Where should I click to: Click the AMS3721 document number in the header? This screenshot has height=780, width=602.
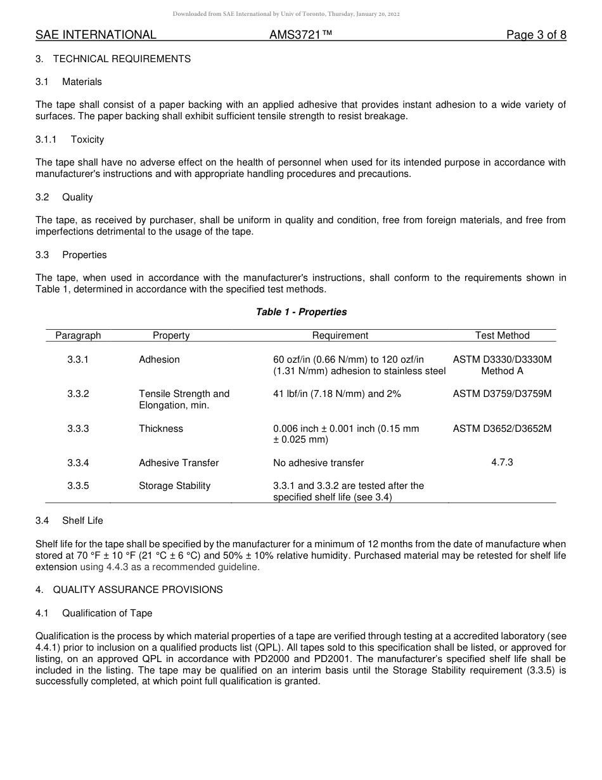300,35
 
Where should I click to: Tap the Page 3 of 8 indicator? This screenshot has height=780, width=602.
536,35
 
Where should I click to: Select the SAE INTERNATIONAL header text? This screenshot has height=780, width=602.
96,35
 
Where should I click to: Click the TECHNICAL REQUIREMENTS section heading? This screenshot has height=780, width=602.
121,59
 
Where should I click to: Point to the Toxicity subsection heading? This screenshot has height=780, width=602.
87,140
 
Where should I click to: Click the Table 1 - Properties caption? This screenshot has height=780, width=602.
301,312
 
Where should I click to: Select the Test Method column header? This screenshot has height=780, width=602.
502,335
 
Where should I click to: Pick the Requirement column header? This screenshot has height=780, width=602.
340,335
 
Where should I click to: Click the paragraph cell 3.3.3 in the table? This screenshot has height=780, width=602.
78,429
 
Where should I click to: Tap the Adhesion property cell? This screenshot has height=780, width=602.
159,360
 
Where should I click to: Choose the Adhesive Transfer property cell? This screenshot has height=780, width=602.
179,463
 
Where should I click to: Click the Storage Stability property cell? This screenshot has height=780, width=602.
174,486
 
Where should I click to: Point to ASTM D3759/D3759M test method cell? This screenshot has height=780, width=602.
502,394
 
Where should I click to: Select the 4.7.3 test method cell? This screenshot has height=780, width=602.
502,462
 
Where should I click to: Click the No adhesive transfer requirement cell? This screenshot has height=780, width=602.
318,463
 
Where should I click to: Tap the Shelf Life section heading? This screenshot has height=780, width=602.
82,521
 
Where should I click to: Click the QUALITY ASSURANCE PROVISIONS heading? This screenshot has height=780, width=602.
138,590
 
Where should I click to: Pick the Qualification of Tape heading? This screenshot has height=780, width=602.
107,613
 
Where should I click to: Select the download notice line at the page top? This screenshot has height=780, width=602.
286,14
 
